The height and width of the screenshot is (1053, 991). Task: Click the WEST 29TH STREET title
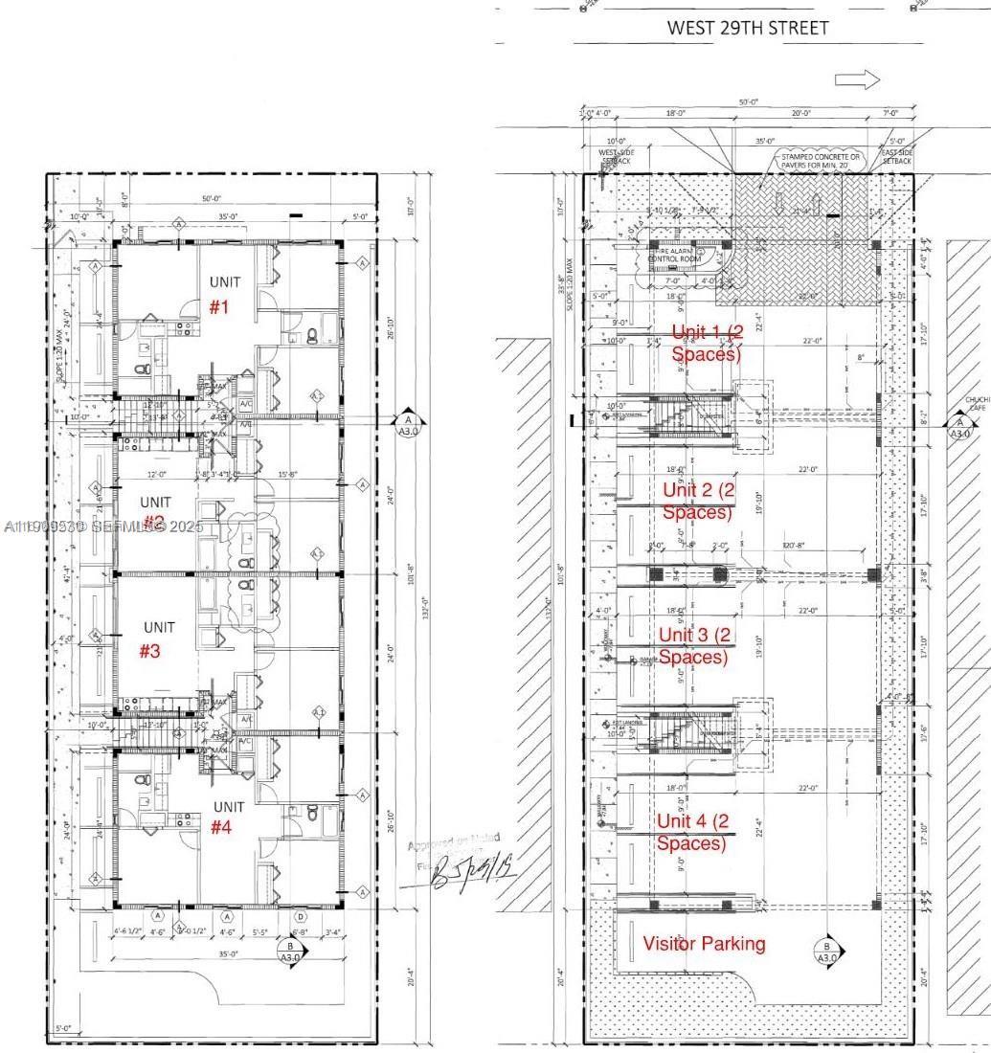(747, 28)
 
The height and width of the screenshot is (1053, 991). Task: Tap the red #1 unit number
(221, 307)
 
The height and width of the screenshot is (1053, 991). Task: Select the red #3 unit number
(150, 651)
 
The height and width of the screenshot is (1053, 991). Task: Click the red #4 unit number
(221, 827)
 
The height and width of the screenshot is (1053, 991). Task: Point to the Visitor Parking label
(704, 944)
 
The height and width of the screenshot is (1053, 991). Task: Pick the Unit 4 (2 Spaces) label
(692, 832)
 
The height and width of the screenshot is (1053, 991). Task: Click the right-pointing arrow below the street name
(857, 80)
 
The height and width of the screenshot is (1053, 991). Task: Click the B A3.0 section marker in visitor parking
(826, 951)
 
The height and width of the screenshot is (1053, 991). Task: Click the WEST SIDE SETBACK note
(616, 157)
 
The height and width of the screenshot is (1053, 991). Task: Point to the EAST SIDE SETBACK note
(897, 157)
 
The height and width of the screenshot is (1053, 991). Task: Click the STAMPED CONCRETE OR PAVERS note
(822, 160)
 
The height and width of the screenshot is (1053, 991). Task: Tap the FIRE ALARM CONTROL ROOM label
(676, 254)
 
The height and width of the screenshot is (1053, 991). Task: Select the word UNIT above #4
(228, 807)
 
